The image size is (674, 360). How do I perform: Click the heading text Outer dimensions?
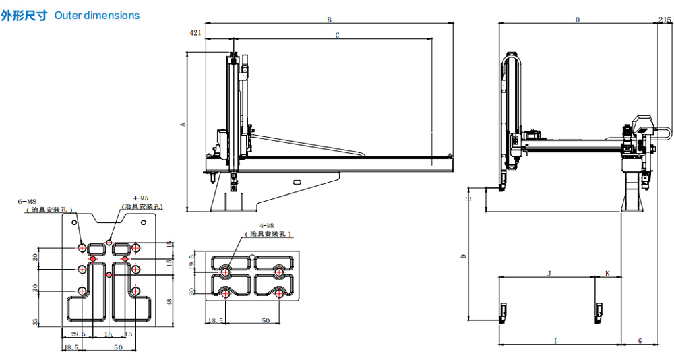(96, 15)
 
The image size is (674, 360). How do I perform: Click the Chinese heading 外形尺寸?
(25, 15)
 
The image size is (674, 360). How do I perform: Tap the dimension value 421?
(195, 32)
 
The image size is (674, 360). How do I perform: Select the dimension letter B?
(329, 20)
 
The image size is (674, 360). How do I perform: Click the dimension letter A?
(181, 125)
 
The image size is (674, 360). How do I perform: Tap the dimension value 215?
(666, 20)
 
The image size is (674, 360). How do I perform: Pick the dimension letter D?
(463, 256)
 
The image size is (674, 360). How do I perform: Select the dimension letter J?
(549, 273)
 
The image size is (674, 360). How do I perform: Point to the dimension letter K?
(607, 273)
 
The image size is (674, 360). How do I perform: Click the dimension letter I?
(555, 341)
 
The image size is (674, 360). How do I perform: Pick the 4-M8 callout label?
(266, 225)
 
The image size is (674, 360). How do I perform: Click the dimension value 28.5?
(78, 334)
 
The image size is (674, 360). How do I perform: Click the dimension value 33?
(36, 320)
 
